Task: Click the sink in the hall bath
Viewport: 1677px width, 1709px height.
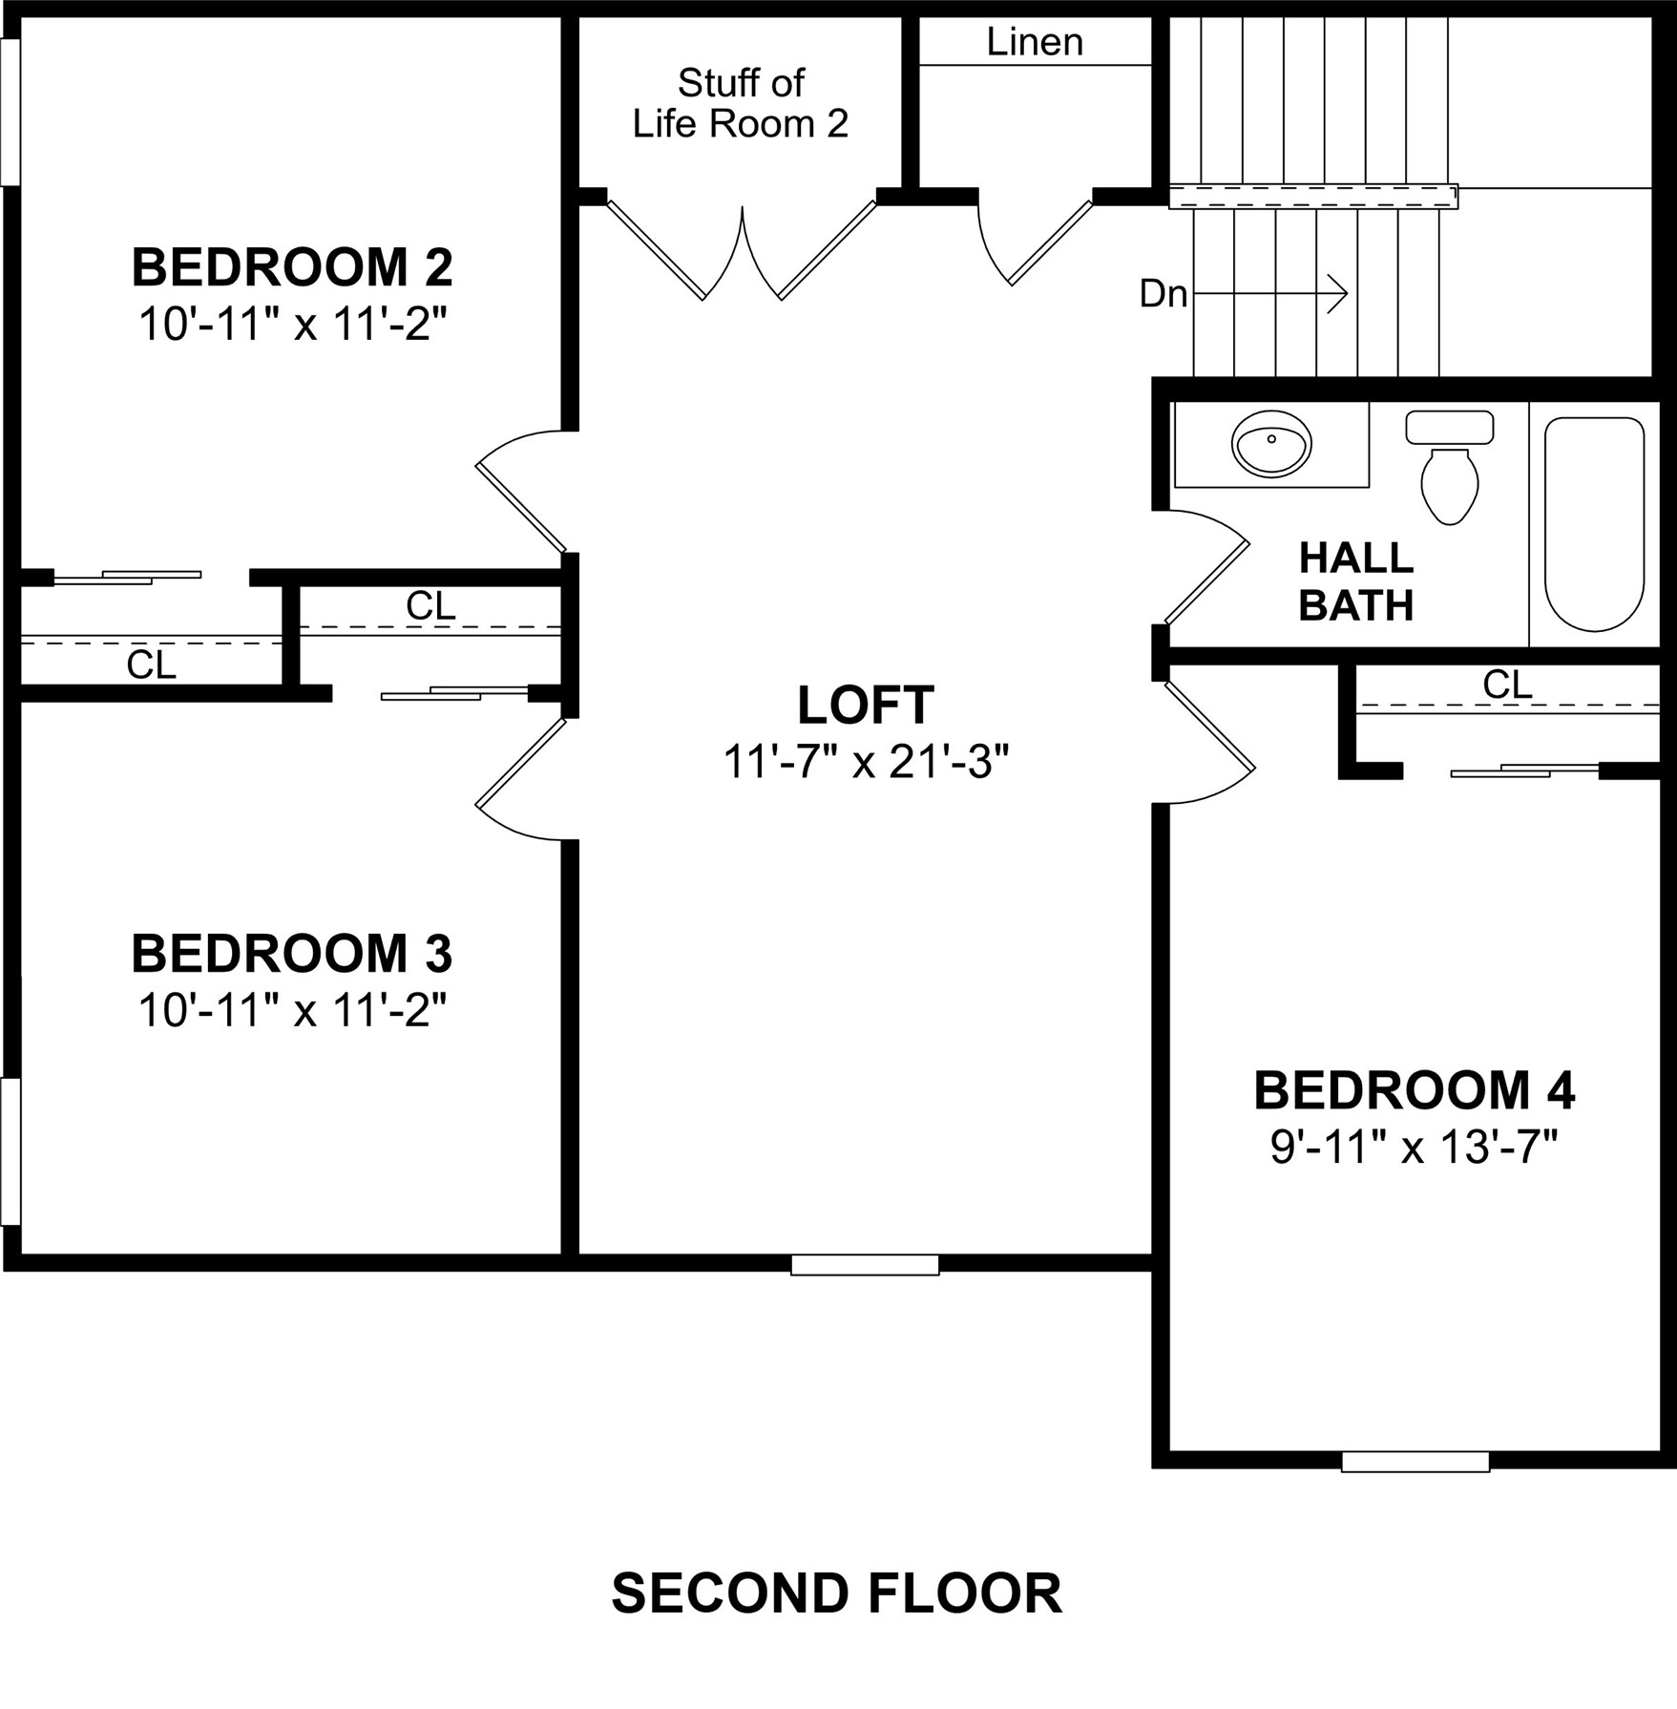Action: pos(1271,444)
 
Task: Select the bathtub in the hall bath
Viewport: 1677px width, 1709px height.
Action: pos(1594,524)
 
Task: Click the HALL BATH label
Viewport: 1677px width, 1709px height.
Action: pos(1355,581)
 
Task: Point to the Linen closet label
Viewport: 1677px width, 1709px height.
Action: pos(1035,42)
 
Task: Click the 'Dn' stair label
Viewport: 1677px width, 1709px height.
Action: pos(1163,294)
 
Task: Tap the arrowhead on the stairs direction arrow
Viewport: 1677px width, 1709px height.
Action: pos(1340,292)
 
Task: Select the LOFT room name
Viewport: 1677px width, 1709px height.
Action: pos(865,706)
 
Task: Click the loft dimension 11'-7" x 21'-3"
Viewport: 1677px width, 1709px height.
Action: pos(865,762)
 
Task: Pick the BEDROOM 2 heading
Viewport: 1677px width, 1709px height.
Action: pos(292,267)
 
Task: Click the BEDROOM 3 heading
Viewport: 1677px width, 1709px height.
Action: pos(292,953)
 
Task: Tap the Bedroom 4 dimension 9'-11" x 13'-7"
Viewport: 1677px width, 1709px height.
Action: pos(1414,1147)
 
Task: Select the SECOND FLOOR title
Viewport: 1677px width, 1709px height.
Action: pos(836,1593)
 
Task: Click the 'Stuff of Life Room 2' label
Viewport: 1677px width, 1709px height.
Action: pos(741,103)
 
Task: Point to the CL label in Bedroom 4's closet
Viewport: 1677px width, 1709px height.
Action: pos(1507,685)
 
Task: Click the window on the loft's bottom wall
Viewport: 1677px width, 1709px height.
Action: pos(865,1265)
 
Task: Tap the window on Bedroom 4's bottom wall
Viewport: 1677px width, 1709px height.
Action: pos(1415,1462)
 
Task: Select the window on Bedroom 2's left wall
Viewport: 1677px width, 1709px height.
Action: pos(10,112)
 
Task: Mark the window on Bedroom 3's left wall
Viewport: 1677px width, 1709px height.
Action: pos(10,1151)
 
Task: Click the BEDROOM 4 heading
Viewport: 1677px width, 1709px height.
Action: pos(1414,1090)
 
